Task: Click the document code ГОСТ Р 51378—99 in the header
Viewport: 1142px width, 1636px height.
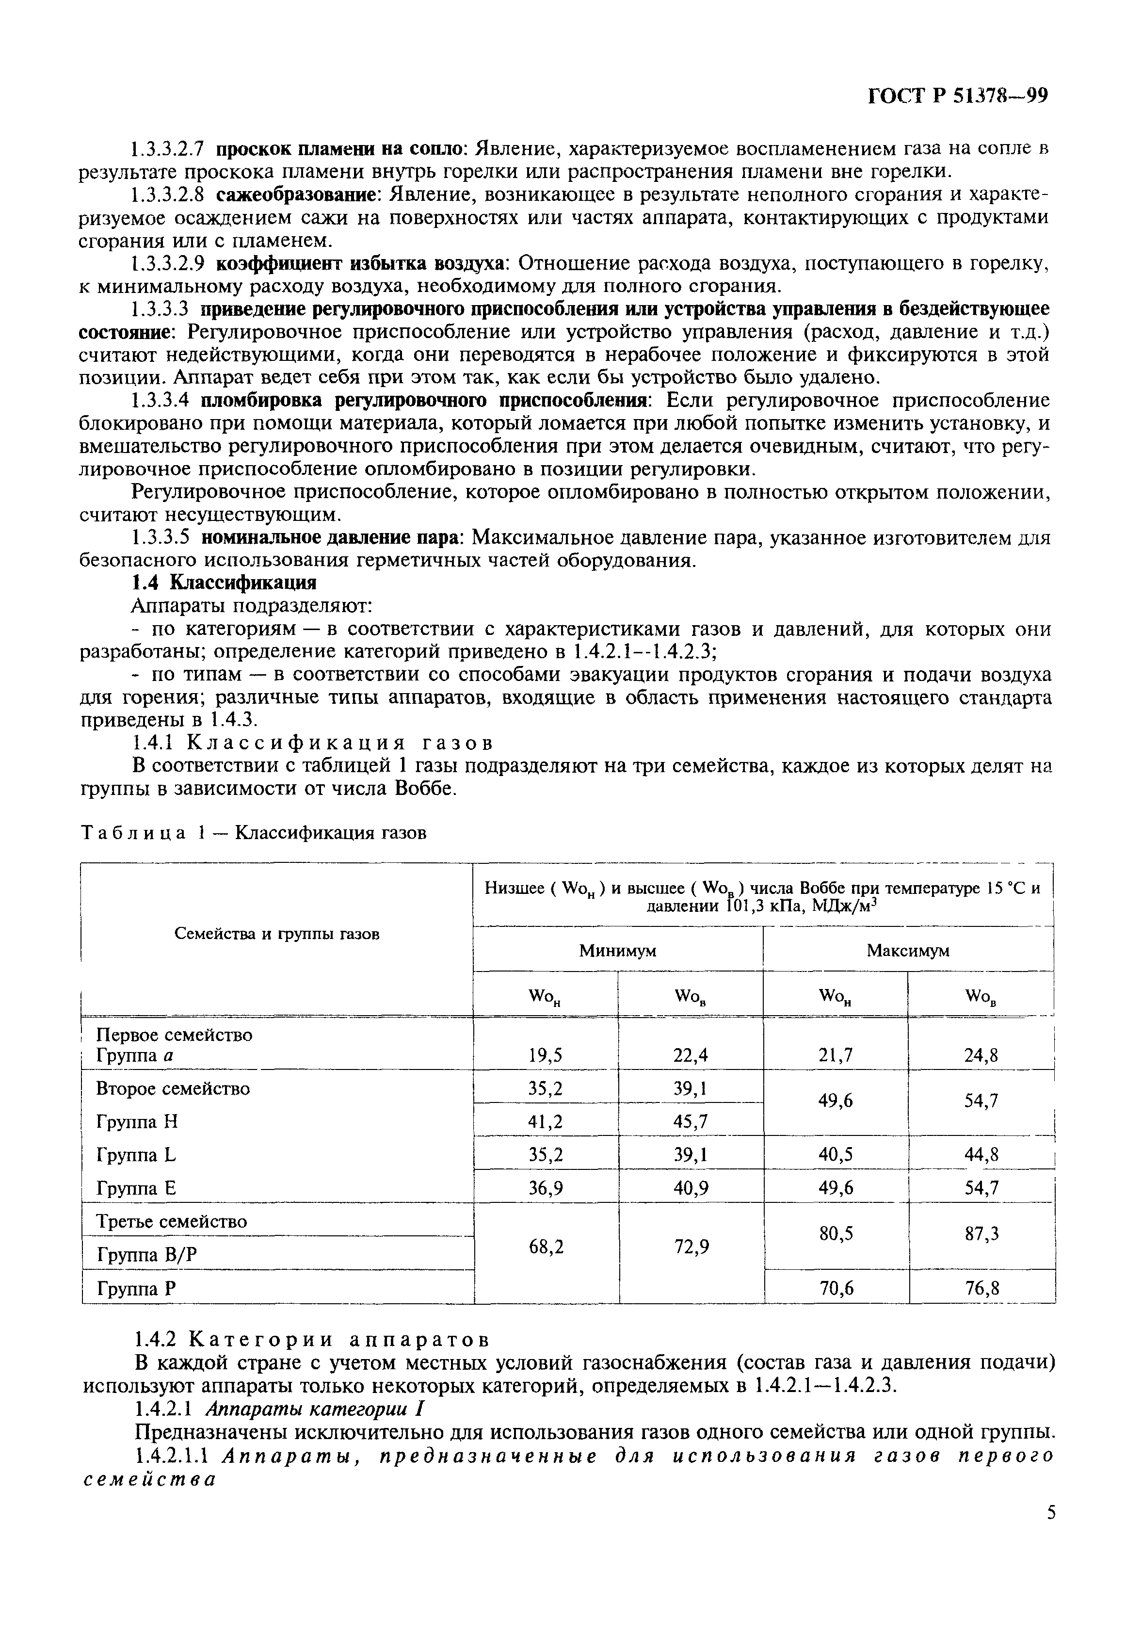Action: point(958,96)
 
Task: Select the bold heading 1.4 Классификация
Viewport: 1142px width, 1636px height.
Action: point(224,582)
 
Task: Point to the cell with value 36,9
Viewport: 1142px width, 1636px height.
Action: point(545,1187)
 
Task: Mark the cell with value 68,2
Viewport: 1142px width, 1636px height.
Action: point(545,1246)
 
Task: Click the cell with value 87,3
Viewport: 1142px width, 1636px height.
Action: point(981,1233)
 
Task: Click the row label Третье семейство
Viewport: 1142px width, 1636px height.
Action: point(171,1221)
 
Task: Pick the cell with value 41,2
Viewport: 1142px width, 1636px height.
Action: point(545,1121)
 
